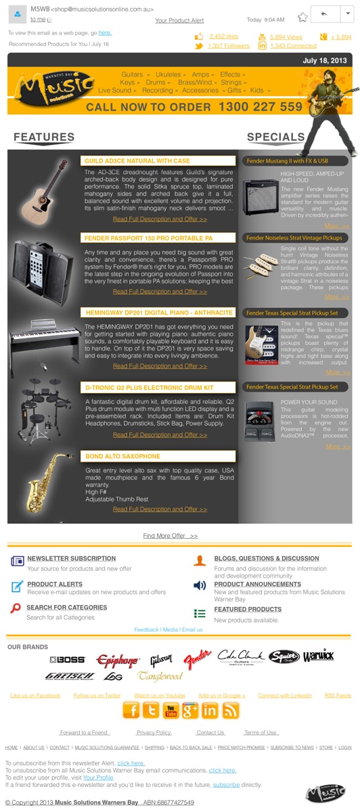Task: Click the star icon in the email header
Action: pos(302,16)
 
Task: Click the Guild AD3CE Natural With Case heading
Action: pos(136,161)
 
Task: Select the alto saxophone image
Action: pos(45,482)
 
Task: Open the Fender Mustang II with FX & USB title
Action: pos(287,161)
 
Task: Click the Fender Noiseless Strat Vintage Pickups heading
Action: pos(294,238)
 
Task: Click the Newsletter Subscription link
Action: pos(71,559)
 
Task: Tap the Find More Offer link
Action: pos(171,535)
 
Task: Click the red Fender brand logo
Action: pos(198,658)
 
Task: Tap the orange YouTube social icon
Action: pos(171,710)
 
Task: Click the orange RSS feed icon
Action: pos(231,710)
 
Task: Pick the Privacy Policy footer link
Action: pos(154,732)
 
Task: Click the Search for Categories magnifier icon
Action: pos(16,608)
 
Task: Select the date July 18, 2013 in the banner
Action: pos(324,61)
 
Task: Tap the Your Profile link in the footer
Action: pos(98,777)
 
